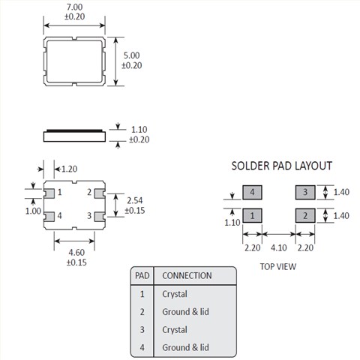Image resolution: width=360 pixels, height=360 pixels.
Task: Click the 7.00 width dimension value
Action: [x=74, y=7]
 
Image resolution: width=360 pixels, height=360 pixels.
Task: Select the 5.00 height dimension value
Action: [x=132, y=55]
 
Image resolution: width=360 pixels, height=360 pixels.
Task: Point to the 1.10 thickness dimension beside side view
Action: [x=139, y=130]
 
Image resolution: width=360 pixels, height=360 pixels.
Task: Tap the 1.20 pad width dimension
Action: [x=69, y=169]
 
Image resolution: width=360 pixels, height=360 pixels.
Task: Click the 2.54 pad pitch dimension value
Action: [x=135, y=200]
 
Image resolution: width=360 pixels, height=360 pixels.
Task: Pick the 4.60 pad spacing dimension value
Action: [x=76, y=253]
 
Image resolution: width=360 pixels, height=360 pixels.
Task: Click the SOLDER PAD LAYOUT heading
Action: [x=282, y=166]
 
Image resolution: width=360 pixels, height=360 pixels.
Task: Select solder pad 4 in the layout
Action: [x=252, y=192]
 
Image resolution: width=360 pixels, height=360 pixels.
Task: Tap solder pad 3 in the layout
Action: [x=305, y=192]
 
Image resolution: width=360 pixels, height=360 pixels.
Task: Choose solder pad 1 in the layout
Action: [x=252, y=215]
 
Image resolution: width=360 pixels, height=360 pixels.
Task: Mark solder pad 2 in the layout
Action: [x=305, y=215]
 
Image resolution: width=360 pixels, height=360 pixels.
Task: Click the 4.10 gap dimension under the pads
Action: [x=279, y=247]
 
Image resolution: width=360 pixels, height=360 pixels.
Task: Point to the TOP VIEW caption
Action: [x=278, y=267]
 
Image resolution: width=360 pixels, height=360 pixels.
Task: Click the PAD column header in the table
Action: [x=142, y=276]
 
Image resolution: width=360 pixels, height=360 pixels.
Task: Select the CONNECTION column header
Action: [x=187, y=276]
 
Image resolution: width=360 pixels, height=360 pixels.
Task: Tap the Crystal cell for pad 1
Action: [x=175, y=294]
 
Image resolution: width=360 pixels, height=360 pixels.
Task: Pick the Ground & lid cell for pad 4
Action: [x=185, y=347]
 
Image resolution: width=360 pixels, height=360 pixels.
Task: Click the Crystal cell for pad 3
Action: [x=175, y=330]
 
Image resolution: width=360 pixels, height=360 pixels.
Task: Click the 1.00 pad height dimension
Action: [x=33, y=211]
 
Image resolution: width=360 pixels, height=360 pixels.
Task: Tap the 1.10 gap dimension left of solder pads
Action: [x=232, y=223]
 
